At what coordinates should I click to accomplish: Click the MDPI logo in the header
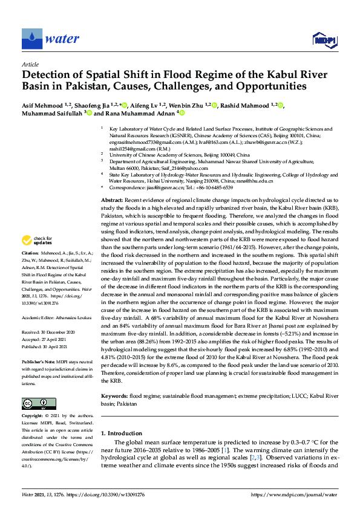pyautogui.click(x=325, y=39)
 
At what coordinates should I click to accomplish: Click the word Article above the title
pyautogui.click(x=30, y=63)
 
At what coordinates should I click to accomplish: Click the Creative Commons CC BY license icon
pyautogui.click(x=39, y=403)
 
